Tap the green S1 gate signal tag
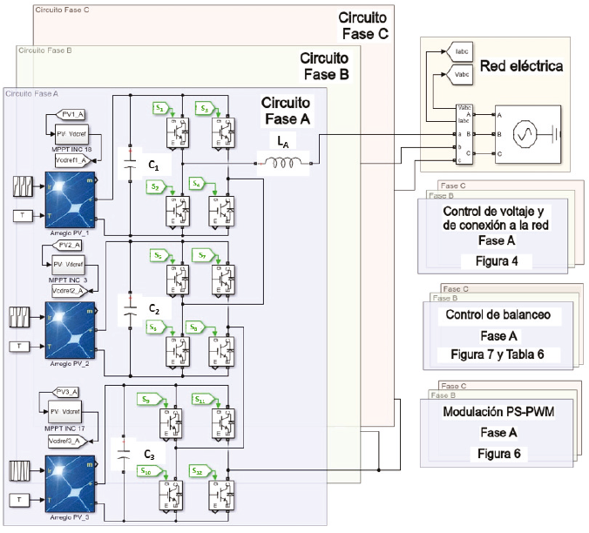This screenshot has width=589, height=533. coord(160,107)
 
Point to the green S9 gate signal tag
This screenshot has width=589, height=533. coord(147,399)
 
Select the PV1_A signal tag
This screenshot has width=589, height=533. coord(69,114)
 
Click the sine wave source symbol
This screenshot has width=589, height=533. coord(525,134)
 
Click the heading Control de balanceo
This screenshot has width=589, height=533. coord(491,314)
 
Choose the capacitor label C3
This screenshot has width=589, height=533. coord(150,452)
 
